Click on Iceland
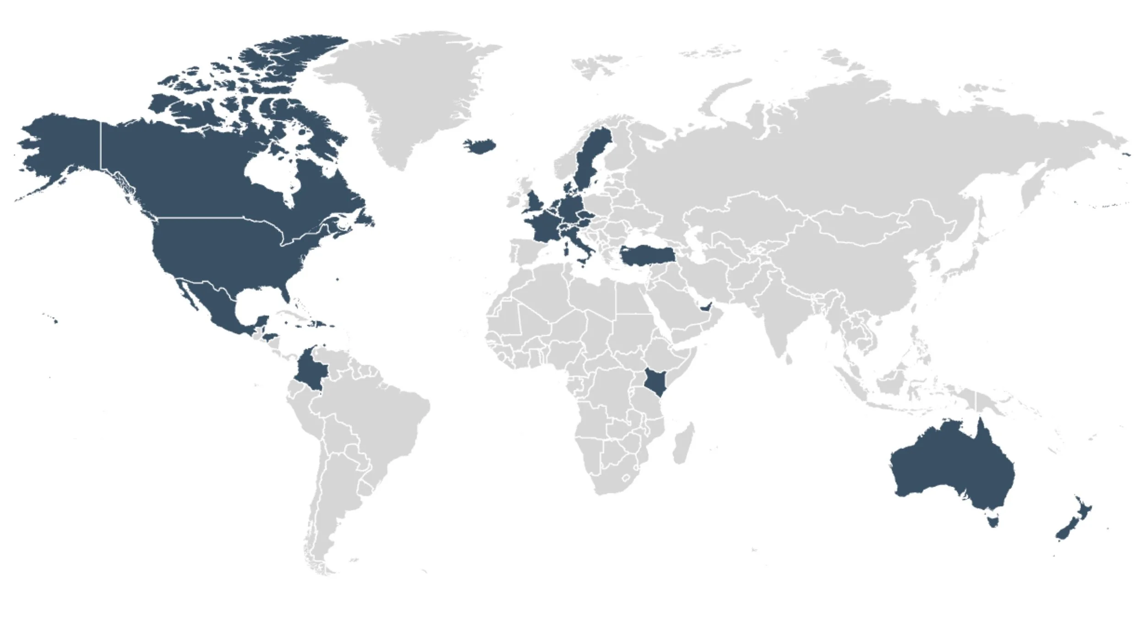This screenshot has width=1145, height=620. point(479,146)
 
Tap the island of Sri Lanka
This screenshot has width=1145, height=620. point(789,358)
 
